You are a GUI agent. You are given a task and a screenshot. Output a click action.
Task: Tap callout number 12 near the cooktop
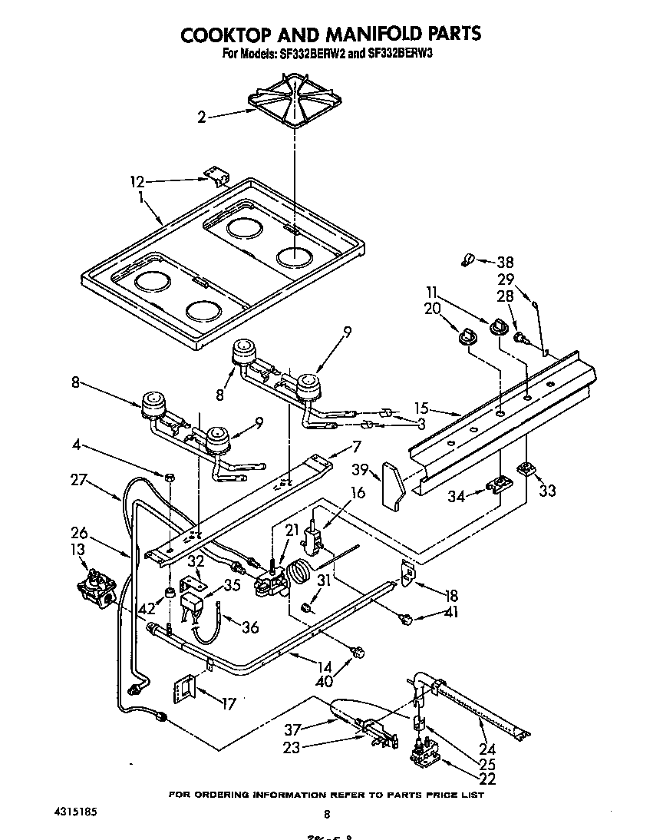(x=137, y=182)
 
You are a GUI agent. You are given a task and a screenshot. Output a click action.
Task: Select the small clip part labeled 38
(x=465, y=262)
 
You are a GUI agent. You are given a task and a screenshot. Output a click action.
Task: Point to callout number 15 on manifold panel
(x=421, y=408)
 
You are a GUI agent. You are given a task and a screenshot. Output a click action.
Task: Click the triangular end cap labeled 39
(x=396, y=487)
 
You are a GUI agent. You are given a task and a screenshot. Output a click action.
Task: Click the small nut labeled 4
(x=170, y=478)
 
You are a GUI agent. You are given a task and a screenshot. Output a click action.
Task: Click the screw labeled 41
(x=408, y=617)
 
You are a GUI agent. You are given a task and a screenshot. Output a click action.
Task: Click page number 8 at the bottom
(x=327, y=814)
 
